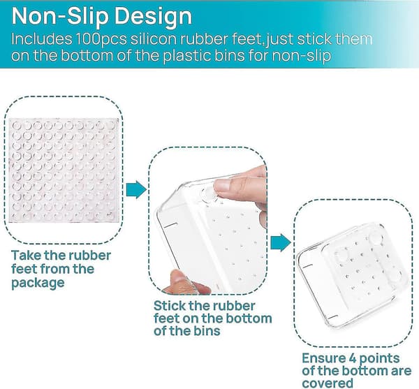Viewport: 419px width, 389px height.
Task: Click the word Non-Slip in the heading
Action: [60, 17]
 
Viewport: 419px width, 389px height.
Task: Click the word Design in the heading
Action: [153, 16]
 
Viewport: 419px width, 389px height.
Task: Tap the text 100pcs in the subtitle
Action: [101, 39]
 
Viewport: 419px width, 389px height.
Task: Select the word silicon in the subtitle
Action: [154, 39]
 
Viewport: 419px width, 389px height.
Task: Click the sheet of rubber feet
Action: [64, 170]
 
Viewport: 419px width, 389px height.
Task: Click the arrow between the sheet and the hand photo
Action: [136, 190]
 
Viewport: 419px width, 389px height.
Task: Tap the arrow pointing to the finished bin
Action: [281, 242]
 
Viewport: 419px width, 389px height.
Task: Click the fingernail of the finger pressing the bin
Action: [224, 184]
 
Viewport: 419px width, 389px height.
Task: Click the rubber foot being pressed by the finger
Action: [209, 196]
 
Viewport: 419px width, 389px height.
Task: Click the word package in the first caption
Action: [38, 283]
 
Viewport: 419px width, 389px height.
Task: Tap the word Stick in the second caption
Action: [170, 306]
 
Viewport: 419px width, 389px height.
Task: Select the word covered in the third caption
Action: [328, 383]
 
